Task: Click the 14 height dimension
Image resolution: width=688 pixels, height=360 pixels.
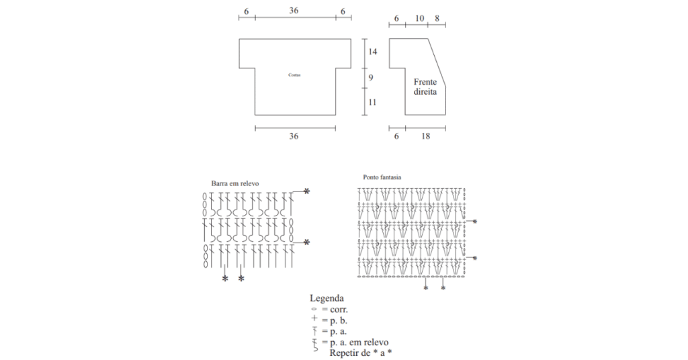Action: tap(372, 52)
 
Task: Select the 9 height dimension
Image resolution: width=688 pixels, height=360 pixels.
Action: tap(370, 78)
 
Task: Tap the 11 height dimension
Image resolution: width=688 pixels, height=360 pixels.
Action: tap(372, 102)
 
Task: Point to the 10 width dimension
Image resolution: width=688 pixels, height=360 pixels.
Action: tap(420, 18)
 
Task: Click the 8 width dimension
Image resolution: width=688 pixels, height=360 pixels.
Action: tap(437, 18)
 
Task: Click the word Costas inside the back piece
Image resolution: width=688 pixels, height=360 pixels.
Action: tap(294, 75)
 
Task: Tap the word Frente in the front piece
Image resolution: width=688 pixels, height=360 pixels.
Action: tap(425, 82)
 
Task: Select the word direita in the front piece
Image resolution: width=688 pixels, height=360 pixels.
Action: tap(425, 92)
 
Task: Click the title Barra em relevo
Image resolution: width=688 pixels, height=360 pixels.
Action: tap(235, 183)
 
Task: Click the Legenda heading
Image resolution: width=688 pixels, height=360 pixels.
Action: tap(327, 298)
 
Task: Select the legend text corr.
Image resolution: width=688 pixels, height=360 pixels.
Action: tap(338, 310)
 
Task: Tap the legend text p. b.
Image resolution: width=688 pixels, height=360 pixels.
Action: tap(337, 321)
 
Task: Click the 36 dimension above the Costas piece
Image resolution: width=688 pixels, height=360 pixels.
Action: tap(294, 11)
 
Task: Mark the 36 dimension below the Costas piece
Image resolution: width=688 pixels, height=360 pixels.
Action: tap(294, 136)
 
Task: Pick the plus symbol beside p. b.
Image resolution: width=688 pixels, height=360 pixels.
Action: tap(314, 320)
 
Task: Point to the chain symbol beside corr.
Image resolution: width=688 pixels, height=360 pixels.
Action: tap(314, 310)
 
